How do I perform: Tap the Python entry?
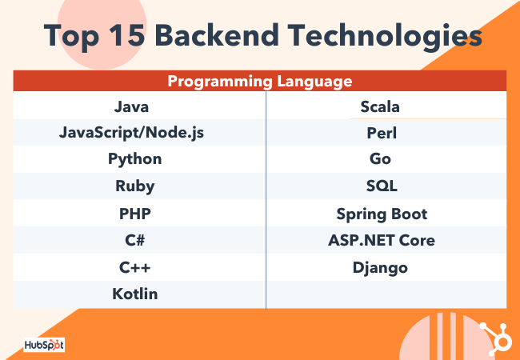134,159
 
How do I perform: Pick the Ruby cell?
134,186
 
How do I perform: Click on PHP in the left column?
134,214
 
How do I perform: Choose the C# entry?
134,240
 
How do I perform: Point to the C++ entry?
134,267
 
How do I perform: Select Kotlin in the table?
134,294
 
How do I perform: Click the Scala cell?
381,106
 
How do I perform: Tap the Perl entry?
381,132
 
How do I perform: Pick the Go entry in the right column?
381,159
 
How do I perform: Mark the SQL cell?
381,186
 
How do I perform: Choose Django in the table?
381,267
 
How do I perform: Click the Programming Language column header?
260,81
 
